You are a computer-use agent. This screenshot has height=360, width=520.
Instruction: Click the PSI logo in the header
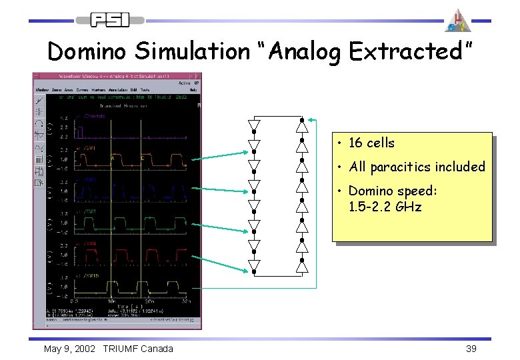(110, 20)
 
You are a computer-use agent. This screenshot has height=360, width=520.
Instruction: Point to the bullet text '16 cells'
(371, 143)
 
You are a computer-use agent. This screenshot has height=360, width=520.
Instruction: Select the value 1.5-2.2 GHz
(385, 207)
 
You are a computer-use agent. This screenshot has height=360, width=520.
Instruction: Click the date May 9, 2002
(69, 349)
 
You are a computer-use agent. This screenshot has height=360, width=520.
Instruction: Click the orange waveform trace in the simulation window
(127, 161)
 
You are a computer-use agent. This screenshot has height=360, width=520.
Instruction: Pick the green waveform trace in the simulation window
(127, 223)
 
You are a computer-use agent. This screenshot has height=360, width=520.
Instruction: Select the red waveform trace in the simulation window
(127, 255)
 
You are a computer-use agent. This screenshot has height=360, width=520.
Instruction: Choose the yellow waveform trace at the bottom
(127, 286)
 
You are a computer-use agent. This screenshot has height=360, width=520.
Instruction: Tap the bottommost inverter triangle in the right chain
(302, 266)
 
